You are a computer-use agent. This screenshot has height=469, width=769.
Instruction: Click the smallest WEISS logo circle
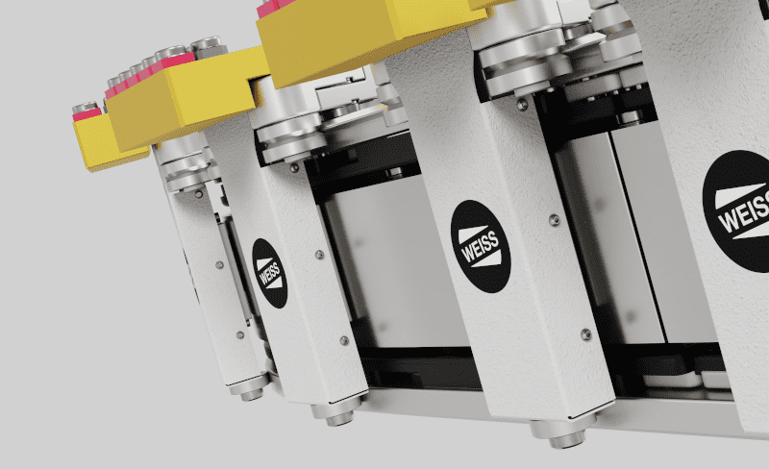coord(270,273)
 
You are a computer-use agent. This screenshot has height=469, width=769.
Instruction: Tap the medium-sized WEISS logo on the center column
coord(481,246)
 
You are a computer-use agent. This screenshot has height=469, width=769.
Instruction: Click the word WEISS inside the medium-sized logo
coord(480,247)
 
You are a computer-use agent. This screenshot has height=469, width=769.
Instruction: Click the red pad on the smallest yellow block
coord(87,115)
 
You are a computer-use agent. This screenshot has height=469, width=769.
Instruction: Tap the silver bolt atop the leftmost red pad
coord(85,108)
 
